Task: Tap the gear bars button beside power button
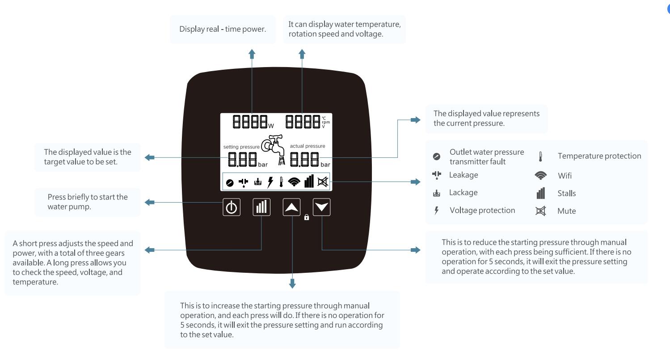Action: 261,207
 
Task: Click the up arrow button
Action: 291,207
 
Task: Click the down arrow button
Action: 321,207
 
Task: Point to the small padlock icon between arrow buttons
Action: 307,218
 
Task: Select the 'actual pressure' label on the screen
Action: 308,146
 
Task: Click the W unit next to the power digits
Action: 271,126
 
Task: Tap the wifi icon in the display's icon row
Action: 294,182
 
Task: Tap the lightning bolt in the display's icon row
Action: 270,182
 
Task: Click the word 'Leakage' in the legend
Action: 464,175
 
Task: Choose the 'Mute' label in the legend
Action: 566,211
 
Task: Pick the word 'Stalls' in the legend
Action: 566,194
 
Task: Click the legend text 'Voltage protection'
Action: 482,210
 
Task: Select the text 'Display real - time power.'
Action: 223,30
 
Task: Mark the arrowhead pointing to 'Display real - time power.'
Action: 252,53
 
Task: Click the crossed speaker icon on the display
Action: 322,182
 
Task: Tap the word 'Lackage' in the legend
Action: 464,193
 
